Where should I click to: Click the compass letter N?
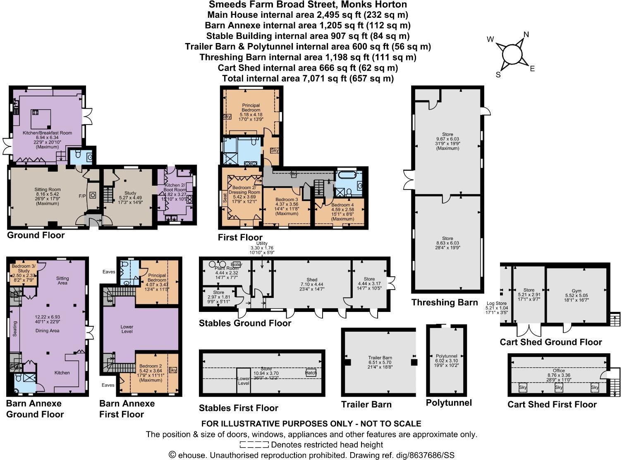526,35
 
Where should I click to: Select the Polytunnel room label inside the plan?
446,356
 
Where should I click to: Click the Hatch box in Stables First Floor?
311,372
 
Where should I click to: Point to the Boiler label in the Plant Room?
237,264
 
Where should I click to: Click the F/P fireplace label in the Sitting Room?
82,195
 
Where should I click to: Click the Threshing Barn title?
445,302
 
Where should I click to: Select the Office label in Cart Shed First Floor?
558,371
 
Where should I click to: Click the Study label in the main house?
130,193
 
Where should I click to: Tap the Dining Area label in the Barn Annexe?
48,331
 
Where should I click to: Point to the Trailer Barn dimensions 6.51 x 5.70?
380,362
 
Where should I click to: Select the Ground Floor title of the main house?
36,235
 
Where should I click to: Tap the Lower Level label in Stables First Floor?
243,381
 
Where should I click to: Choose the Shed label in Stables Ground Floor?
311,280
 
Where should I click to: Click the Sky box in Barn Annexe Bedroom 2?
173,370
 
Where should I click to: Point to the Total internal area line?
308,78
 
